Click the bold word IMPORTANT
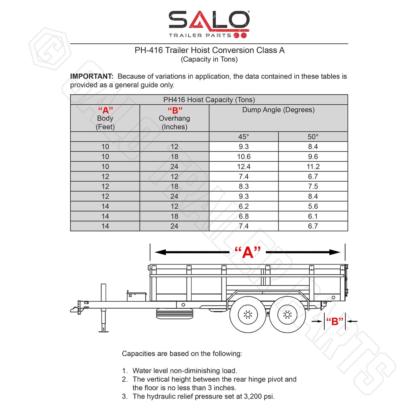click(92, 76)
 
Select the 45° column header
click(244, 137)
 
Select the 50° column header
click(313, 137)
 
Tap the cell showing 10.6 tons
click(244, 157)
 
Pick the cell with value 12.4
click(244, 167)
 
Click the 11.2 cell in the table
click(313, 167)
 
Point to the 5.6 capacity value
click(313, 206)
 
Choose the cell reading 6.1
click(313, 216)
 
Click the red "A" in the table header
click(105, 110)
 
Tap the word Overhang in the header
click(174, 119)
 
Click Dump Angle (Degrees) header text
click(278, 110)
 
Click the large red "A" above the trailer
click(248, 252)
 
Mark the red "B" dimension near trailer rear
click(335, 321)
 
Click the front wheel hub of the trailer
click(248, 314)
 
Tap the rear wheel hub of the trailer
click(287, 314)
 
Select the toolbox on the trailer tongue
click(137, 296)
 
